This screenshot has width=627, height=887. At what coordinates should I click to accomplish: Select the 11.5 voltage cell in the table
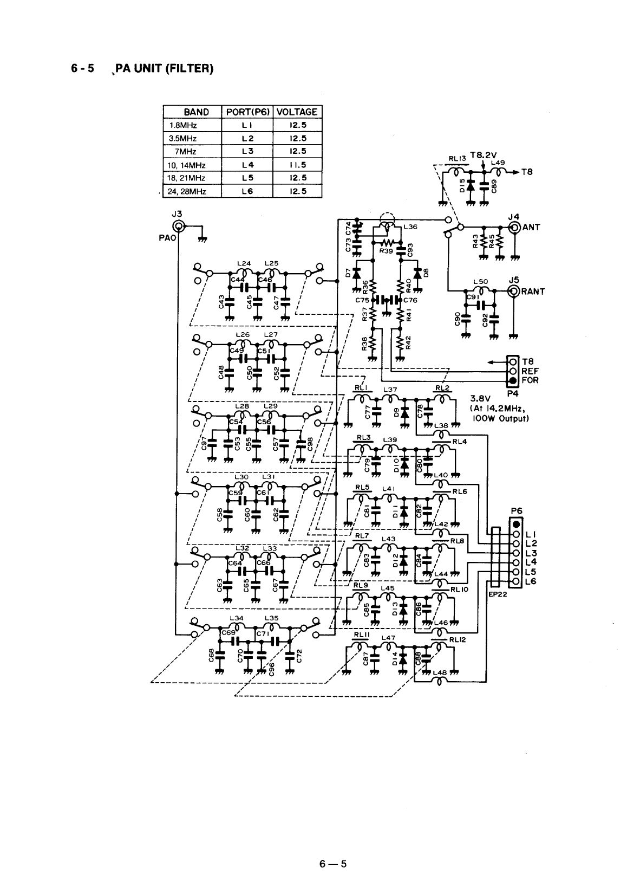[x=298, y=164]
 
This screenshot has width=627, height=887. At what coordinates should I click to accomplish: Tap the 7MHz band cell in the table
[x=184, y=151]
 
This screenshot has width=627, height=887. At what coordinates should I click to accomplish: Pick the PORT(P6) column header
[x=246, y=112]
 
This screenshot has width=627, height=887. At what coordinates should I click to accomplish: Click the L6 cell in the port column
[x=246, y=191]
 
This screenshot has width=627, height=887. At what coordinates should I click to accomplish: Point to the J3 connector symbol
[x=178, y=227]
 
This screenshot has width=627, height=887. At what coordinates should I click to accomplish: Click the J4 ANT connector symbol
[x=515, y=227]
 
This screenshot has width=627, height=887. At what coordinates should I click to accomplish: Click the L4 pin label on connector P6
[x=531, y=562]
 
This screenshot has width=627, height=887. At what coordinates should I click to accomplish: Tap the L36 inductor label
[x=410, y=227]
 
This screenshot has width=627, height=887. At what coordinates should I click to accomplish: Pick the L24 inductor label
[x=244, y=263]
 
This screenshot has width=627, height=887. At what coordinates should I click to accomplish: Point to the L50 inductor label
[x=481, y=282]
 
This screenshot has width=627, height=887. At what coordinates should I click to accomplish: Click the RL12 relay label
[x=458, y=639]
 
